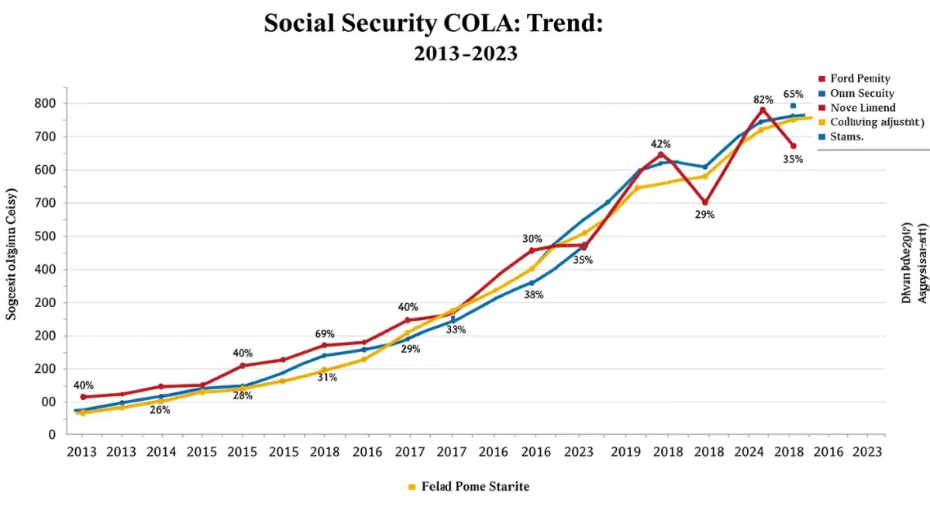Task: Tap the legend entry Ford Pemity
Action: point(859,78)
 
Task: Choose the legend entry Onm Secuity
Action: point(862,93)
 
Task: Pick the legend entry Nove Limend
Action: point(862,108)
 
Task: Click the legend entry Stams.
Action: point(846,136)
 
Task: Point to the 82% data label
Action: point(763,100)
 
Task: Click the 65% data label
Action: point(793,94)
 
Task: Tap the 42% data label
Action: point(660,144)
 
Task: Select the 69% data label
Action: point(325,334)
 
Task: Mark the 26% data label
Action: point(160,409)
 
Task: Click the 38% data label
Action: point(533,295)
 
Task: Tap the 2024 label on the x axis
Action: point(749,452)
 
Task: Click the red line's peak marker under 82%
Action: point(763,109)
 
